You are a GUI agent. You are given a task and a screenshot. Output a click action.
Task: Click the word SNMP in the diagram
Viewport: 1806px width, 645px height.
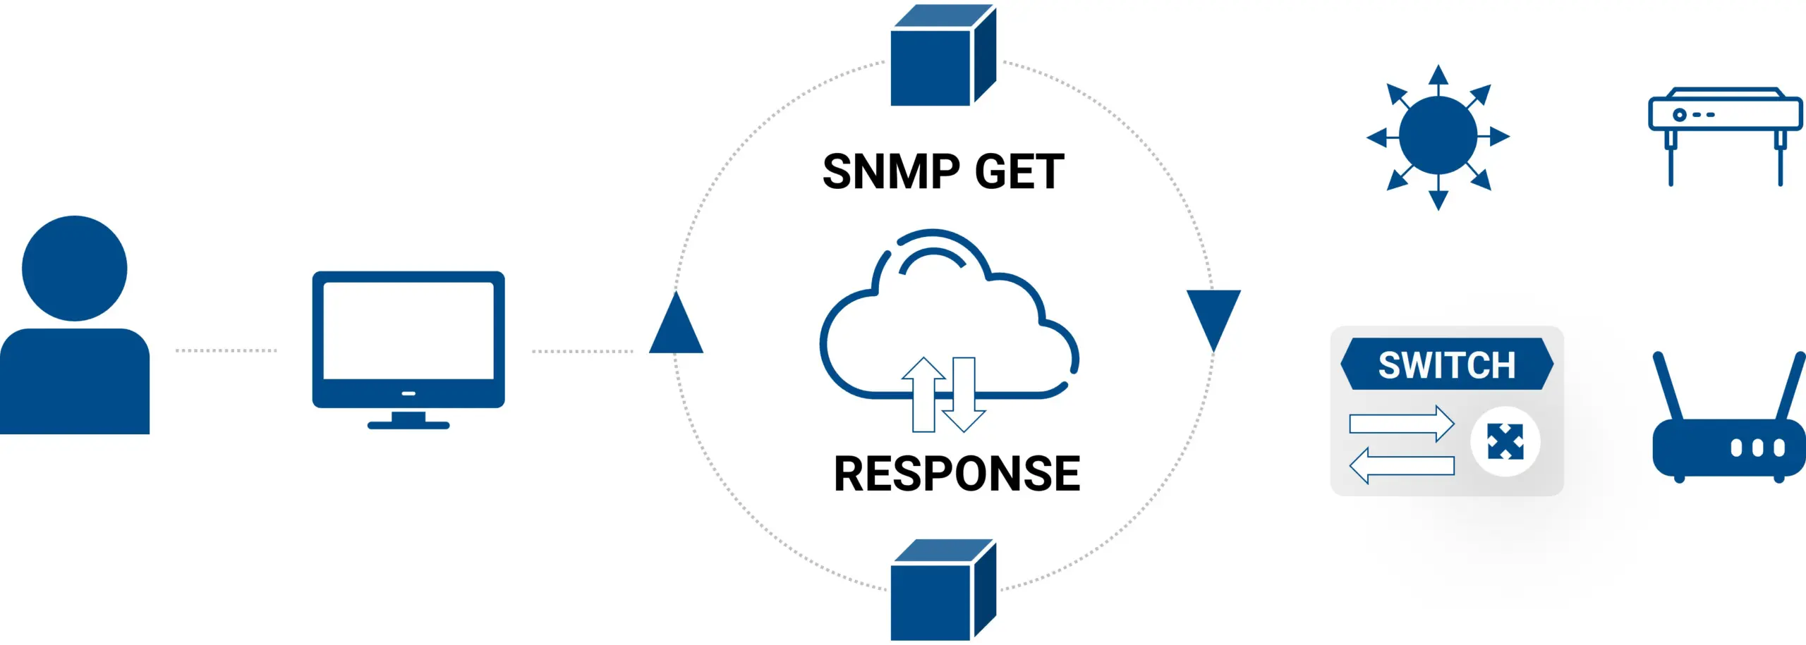point(891,172)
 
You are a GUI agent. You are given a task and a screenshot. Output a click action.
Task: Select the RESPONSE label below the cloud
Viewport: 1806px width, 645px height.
point(957,473)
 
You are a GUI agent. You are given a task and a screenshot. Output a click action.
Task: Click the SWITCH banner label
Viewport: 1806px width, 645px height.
point(1446,365)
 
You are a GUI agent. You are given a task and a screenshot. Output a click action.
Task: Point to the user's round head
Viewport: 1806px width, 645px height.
point(75,268)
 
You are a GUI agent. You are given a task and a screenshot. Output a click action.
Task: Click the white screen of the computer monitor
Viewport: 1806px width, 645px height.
point(408,330)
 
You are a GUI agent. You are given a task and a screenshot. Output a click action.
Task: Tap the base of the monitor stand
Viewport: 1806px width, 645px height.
point(408,424)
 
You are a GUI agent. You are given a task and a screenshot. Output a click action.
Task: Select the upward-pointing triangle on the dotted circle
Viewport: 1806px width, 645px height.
point(676,326)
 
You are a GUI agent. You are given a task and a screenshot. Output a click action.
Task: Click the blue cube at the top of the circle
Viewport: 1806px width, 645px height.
point(941,59)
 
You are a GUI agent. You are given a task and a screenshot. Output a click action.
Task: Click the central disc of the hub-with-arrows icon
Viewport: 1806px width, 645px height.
point(1438,136)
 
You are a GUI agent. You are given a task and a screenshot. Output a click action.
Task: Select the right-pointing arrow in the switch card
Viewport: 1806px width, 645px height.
point(1401,424)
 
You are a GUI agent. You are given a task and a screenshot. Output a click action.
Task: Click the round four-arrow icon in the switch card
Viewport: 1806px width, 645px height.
point(1505,442)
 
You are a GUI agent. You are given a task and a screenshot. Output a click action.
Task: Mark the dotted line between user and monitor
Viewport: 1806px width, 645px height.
point(226,350)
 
